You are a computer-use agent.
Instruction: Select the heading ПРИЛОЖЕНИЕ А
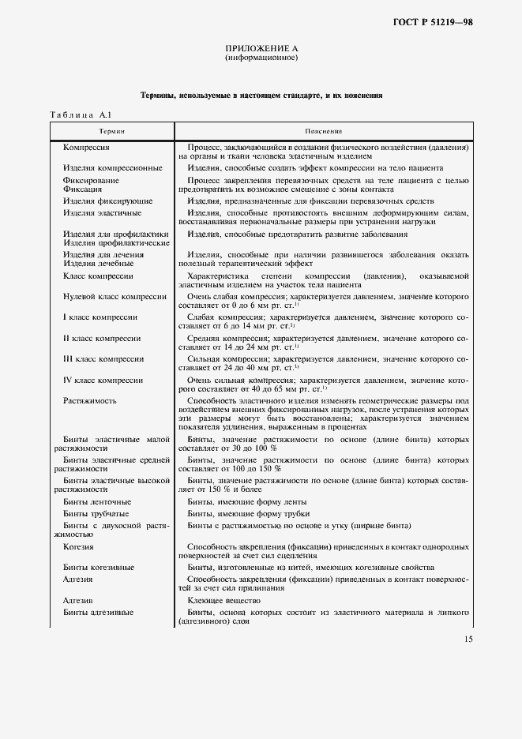[261, 48]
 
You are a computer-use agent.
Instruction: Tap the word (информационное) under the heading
[261, 58]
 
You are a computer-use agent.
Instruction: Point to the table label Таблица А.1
[83, 116]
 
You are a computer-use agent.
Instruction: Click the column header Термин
[111, 130]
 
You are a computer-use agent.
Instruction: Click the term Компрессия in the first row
[85, 148]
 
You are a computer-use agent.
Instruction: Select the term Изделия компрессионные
[112, 167]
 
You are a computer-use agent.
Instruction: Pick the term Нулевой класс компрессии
[115, 296]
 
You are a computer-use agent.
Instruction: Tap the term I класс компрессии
[100, 317]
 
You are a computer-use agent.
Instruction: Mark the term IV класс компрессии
[102, 381]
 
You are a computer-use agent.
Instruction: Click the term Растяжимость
[88, 401]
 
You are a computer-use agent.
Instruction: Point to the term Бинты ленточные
[97, 502]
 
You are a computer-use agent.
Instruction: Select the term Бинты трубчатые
[97, 512]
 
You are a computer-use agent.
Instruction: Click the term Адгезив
[79, 601]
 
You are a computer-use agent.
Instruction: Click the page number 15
[468, 639]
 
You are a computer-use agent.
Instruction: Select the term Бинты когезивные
[99, 567]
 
